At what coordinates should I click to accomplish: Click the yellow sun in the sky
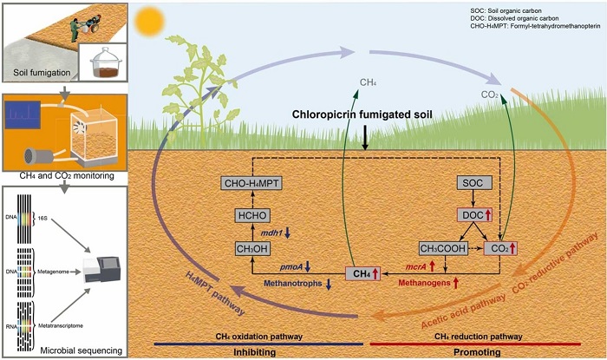pos(149,19)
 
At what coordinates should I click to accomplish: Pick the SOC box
pos(473,184)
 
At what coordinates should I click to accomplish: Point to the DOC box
pos(473,215)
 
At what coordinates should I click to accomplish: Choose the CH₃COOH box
pos(441,249)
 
